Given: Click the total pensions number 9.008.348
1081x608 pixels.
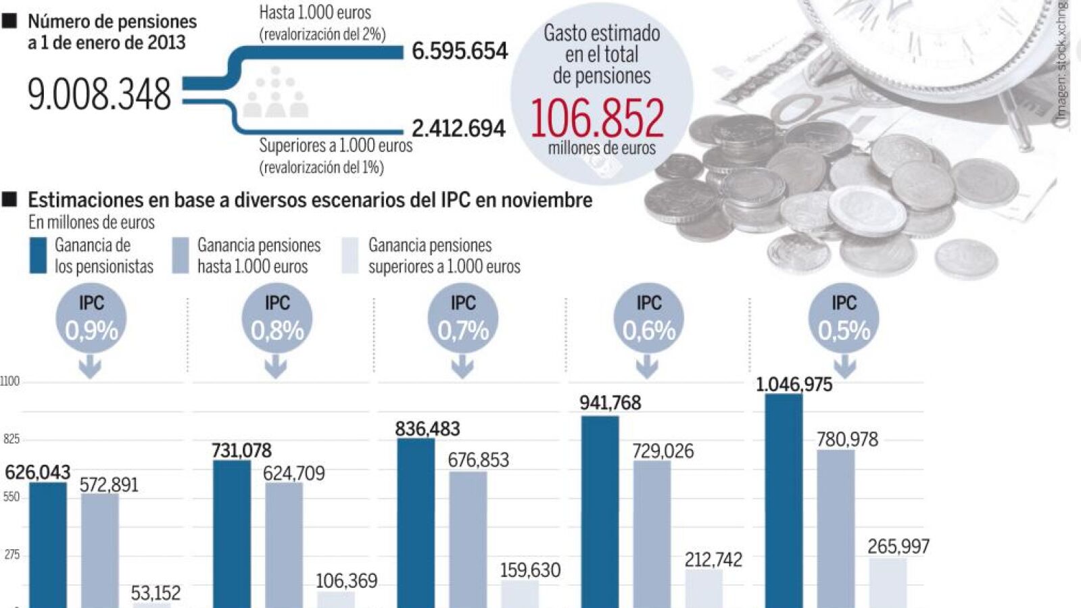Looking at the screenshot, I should tap(99, 94).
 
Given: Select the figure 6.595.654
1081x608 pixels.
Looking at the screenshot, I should tap(460, 51).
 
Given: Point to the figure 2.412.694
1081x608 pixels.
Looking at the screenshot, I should tap(458, 128).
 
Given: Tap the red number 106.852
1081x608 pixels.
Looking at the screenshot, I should tap(598, 118).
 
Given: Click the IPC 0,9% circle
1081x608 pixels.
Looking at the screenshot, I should tap(91, 318).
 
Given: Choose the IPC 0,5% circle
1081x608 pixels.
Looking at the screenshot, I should tap(844, 318).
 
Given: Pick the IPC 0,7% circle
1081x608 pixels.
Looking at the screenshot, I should tap(463, 318).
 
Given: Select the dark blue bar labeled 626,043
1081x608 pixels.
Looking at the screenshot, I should tap(48, 544).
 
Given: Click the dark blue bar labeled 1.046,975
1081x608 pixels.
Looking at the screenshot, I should tap(784, 500).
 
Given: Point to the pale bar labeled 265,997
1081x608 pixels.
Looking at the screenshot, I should tap(888, 582).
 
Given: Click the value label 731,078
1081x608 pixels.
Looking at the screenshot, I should tap(241, 451).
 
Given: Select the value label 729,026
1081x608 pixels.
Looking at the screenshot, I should tap(663, 451).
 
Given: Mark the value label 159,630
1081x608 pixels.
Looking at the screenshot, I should tap(530, 570).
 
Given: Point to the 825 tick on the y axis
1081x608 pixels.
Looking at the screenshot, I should tap(11, 439).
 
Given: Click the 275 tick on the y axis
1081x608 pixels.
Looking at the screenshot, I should tap(11, 555).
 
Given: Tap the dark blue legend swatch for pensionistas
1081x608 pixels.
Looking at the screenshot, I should tap(38, 255).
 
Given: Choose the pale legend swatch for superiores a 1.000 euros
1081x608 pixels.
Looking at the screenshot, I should tap(350, 255).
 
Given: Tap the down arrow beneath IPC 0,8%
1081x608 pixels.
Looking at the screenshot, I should tap(275, 367).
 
